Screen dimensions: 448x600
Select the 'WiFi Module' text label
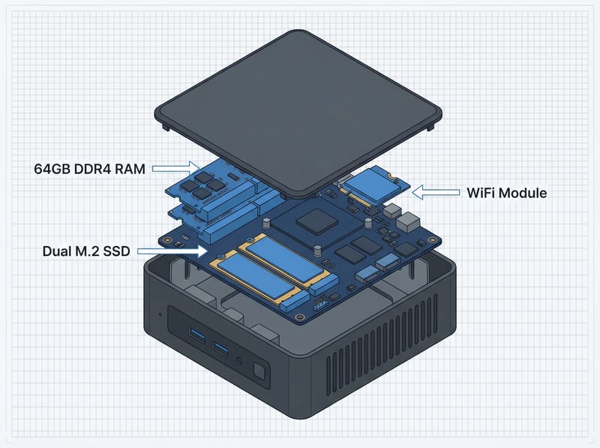(x=505, y=193)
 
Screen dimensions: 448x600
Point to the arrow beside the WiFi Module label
(x=436, y=193)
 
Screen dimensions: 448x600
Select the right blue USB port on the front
(x=220, y=348)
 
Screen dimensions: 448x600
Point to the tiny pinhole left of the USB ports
(x=159, y=313)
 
